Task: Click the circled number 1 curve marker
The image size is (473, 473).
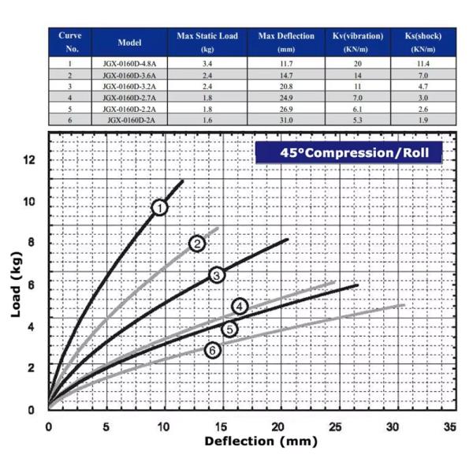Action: point(160,207)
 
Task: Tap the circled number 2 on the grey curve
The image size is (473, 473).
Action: point(197,244)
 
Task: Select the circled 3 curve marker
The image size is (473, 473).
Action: point(217,274)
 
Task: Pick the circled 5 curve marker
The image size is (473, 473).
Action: point(229,329)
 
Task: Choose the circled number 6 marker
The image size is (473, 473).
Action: point(212,350)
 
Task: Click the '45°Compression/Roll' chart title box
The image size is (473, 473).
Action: point(348,152)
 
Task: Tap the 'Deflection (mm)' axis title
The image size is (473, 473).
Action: point(250,441)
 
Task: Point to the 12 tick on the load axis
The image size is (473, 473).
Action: point(30,160)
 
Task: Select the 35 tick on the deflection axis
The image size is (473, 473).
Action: point(450,426)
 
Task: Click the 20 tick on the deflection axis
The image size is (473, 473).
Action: point(277,426)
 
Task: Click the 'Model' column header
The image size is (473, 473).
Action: point(129,42)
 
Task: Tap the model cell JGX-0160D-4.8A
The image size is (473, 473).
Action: point(129,63)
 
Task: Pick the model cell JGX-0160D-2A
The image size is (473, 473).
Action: point(129,120)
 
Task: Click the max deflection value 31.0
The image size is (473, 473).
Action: point(286,120)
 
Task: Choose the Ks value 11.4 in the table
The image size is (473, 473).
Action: point(427,63)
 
